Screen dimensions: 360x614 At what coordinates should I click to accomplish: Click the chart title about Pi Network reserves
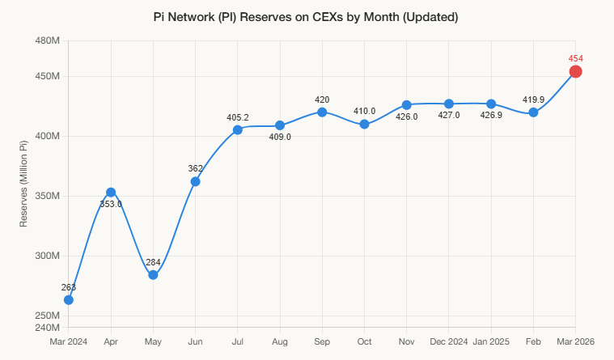click(x=306, y=17)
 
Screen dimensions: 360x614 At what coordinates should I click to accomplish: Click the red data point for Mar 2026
click(x=575, y=72)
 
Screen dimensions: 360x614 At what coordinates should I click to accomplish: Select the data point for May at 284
click(x=153, y=275)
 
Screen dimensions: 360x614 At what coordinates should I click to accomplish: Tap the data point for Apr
click(x=111, y=193)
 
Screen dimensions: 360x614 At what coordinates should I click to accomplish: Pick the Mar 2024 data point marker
click(x=69, y=300)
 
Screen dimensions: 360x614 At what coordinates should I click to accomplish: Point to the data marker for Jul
click(x=238, y=130)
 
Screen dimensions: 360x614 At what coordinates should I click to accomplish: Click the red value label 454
click(x=575, y=58)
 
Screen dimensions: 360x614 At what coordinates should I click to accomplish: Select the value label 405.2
click(x=238, y=117)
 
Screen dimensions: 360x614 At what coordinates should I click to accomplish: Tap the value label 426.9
click(x=491, y=116)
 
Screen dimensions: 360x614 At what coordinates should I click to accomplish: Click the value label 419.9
click(x=533, y=100)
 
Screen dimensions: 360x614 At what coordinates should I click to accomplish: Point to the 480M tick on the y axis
click(x=48, y=40)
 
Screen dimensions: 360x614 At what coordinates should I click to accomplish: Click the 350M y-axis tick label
click(x=48, y=196)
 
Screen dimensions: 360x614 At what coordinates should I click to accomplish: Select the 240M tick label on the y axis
click(x=48, y=328)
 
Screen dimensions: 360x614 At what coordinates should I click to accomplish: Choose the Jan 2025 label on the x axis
click(x=491, y=341)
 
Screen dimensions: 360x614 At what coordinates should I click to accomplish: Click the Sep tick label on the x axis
click(x=322, y=341)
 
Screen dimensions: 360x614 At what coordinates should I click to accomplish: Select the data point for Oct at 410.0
click(x=364, y=125)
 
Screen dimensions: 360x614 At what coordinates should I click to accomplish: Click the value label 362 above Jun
click(x=195, y=168)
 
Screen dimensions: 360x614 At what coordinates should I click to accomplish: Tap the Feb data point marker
click(x=533, y=112)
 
